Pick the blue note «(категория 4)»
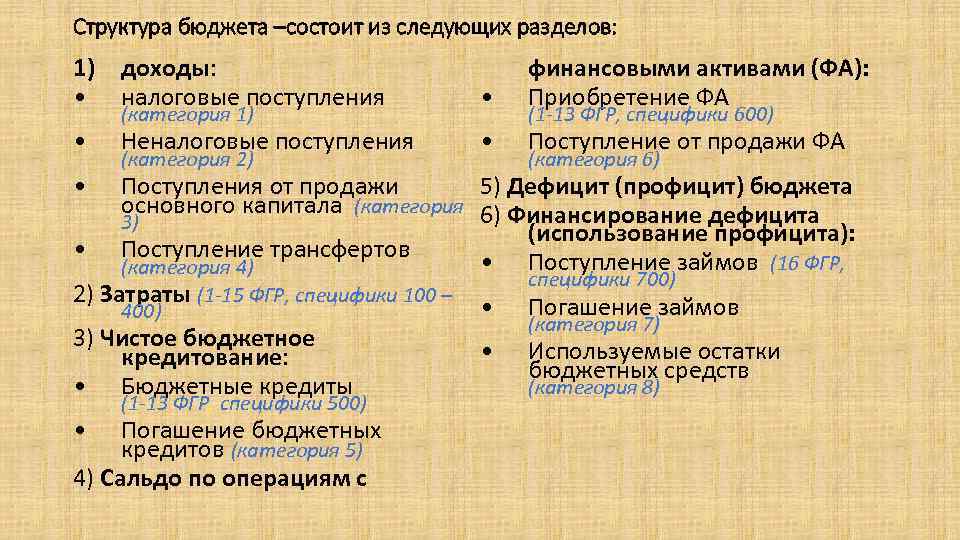[187, 267]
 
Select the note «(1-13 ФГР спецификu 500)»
[244, 404]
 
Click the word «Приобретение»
[601, 97]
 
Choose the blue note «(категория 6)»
[594, 160]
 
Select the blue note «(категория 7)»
[594, 324]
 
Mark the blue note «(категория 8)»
[594, 388]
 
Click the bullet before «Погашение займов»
[486, 308]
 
